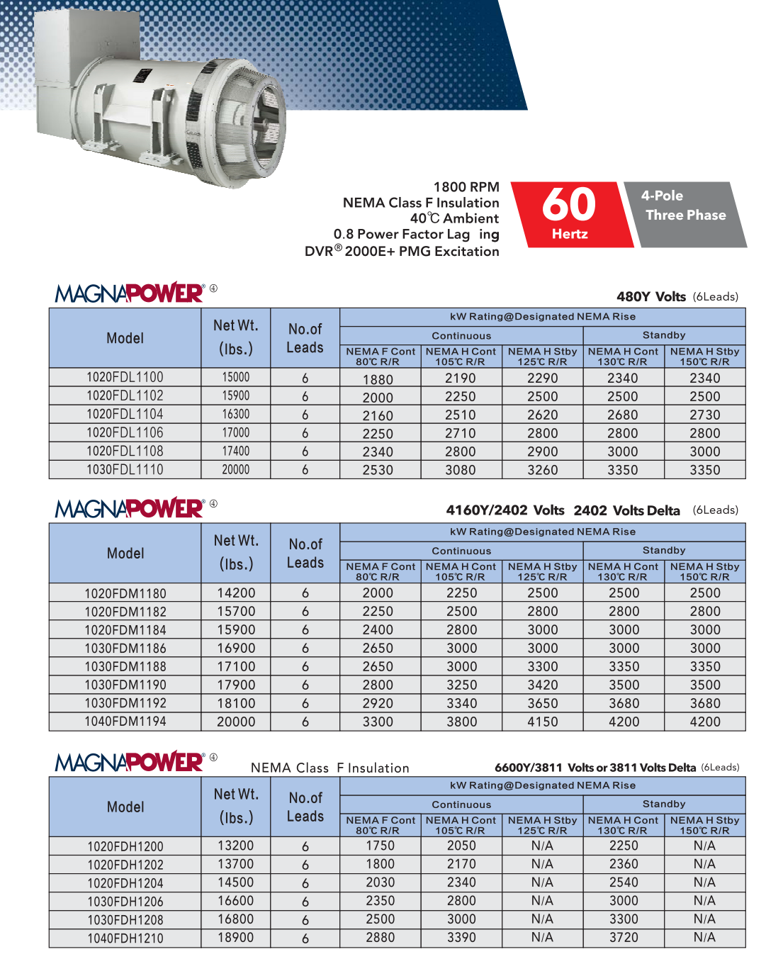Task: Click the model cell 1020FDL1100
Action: (x=125, y=377)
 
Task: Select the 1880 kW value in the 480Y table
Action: (x=378, y=379)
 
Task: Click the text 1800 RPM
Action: (x=466, y=187)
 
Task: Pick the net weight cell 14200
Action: (x=236, y=593)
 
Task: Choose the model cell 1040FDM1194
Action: (x=125, y=722)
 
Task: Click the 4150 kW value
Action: (x=543, y=722)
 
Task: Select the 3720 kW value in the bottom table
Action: (x=624, y=938)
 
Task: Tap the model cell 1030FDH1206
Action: (x=125, y=902)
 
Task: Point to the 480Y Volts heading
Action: (x=651, y=297)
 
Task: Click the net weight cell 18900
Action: (x=236, y=938)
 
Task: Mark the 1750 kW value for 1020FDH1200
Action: (x=381, y=846)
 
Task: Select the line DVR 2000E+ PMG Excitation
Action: (x=402, y=252)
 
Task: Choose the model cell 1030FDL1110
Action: (x=125, y=470)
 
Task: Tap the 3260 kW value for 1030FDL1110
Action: (x=543, y=470)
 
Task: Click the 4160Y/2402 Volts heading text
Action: (x=505, y=510)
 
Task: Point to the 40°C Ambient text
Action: (x=454, y=218)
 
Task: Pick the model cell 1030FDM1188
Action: (x=125, y=667)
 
